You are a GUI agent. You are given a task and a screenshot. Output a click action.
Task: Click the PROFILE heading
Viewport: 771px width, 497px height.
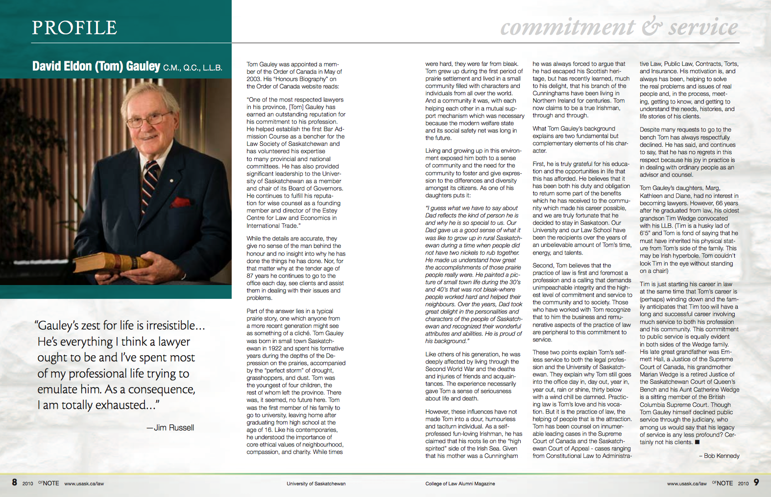pyautogui.click(x=74, y=27)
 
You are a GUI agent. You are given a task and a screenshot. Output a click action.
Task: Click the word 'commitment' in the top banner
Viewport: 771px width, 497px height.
pyautogui.click(x=568, y=27)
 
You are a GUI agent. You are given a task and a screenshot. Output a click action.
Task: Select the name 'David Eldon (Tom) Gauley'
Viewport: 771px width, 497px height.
pyautogui.click(x=96, y=66)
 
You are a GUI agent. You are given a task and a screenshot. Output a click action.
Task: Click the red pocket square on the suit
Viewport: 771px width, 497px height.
pyautogui.click(x=182, y=201)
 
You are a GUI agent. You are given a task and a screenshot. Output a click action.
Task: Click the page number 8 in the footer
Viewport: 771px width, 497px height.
pyautogui.click(x=15, y=482)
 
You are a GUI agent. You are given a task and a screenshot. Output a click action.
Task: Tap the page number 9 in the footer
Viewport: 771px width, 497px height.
pyautogui.click(x=756, y=482)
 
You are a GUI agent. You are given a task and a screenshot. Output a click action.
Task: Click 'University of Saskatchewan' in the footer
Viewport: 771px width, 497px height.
pyautogui.click(x=316, y=484)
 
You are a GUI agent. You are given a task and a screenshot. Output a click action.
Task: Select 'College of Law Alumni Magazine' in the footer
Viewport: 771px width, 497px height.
pyautogui.click(x=460, y=484)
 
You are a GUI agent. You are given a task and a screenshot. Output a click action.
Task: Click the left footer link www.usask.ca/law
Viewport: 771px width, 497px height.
pyautogui.click(x=84, y=484)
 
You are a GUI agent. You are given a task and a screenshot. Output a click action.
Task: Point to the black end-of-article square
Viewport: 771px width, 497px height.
pyautogui.click(x=697, y=442)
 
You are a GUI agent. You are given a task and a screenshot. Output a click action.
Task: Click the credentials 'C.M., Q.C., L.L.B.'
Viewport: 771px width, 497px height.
pyautogui.click(x=193, y=68)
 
